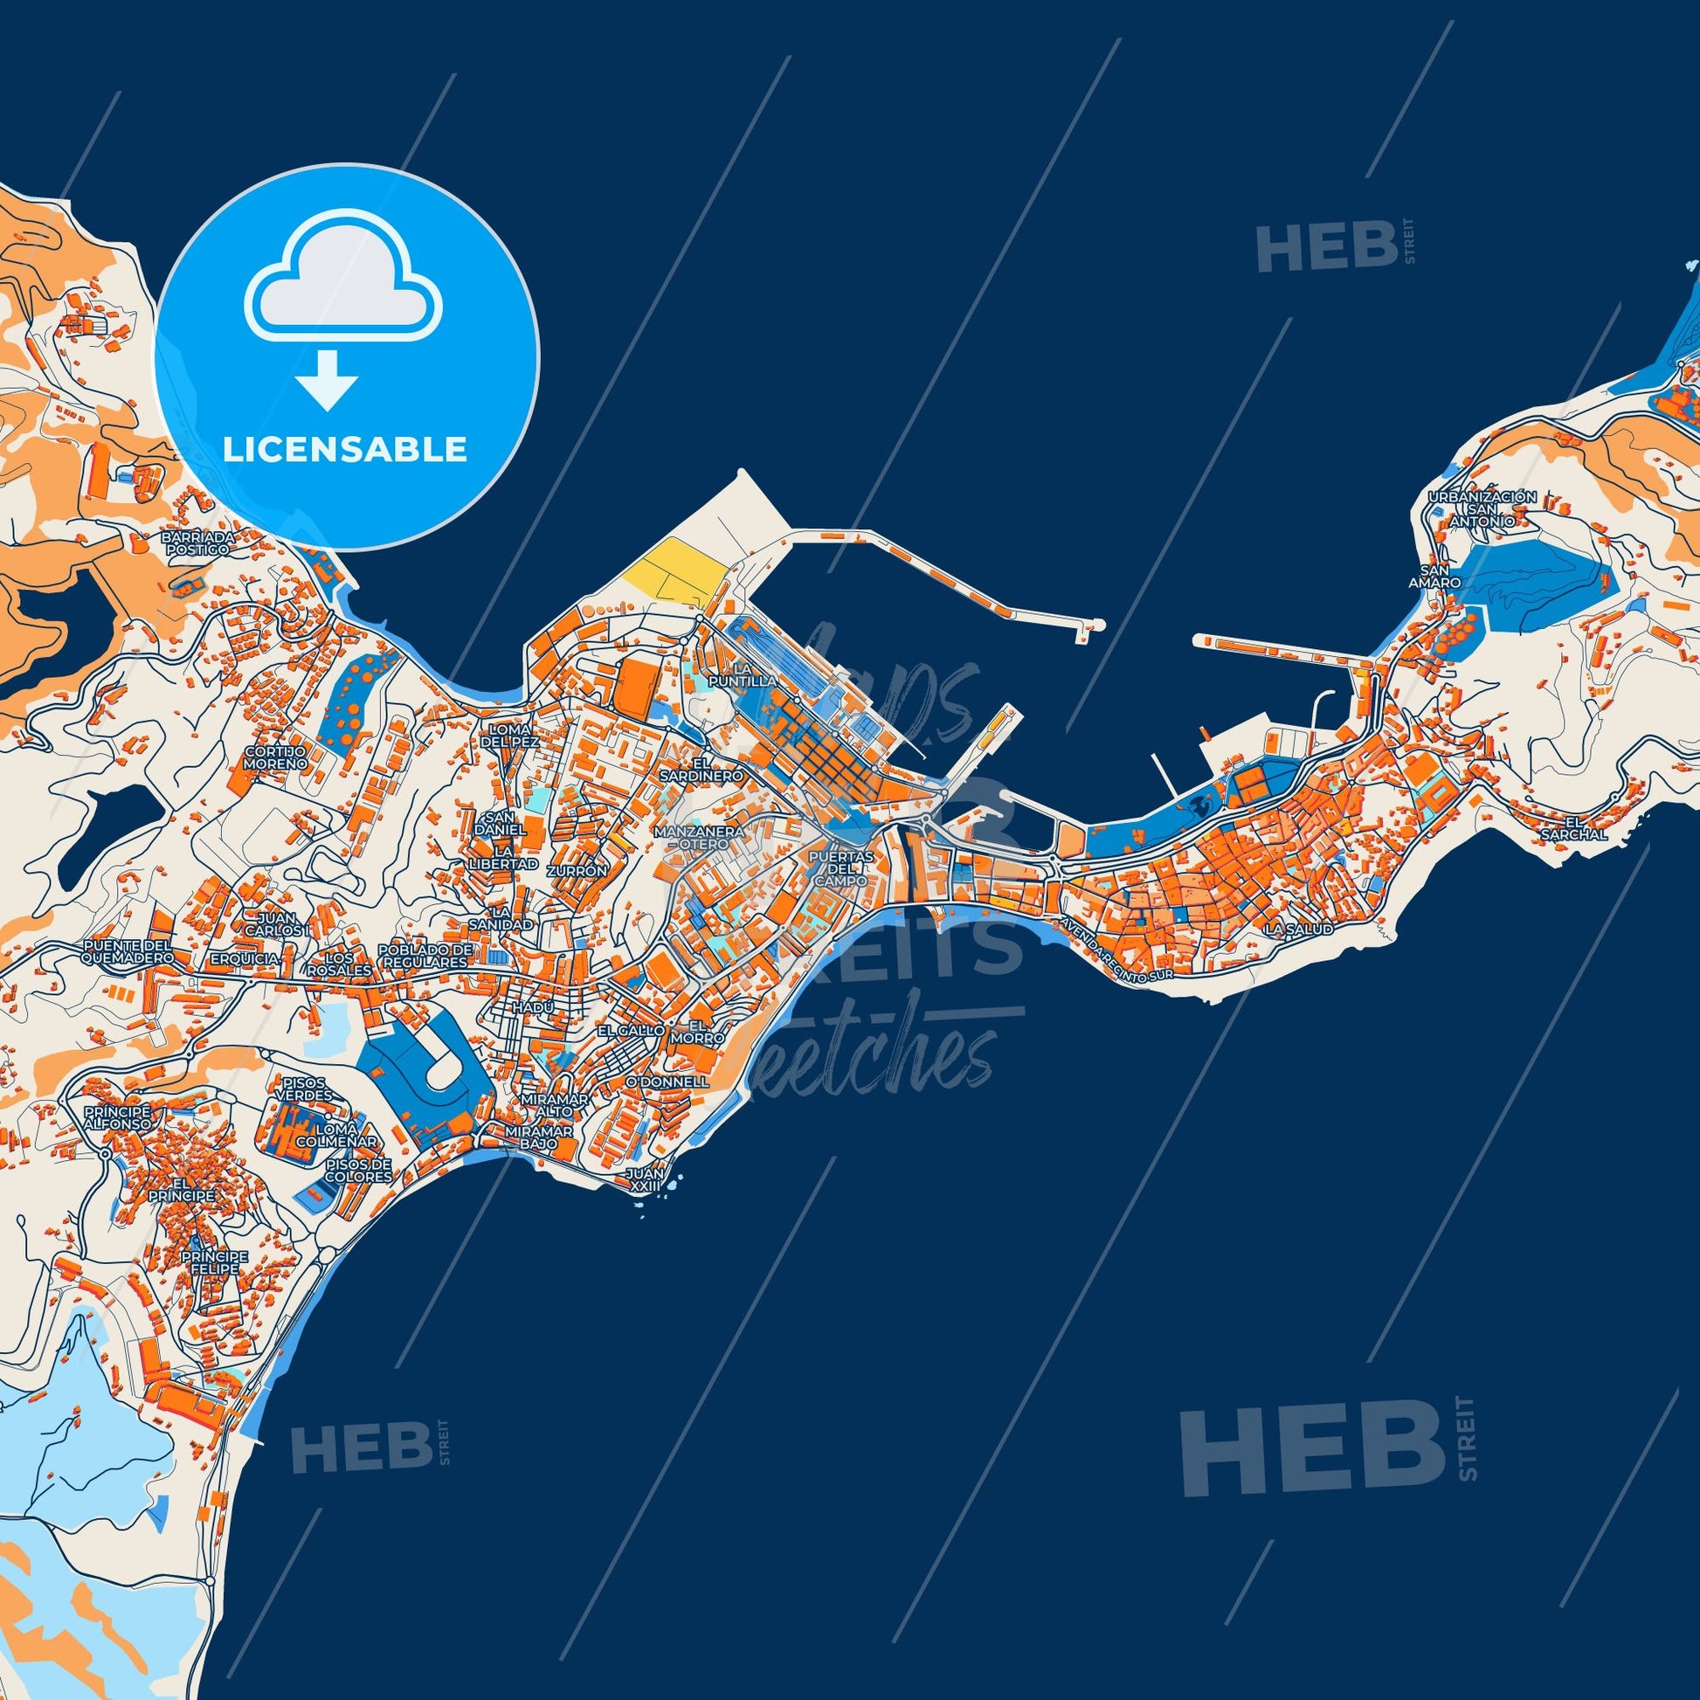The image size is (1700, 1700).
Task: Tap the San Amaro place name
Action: coord(1434,577)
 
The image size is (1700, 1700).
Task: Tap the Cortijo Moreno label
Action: coord(275,757)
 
